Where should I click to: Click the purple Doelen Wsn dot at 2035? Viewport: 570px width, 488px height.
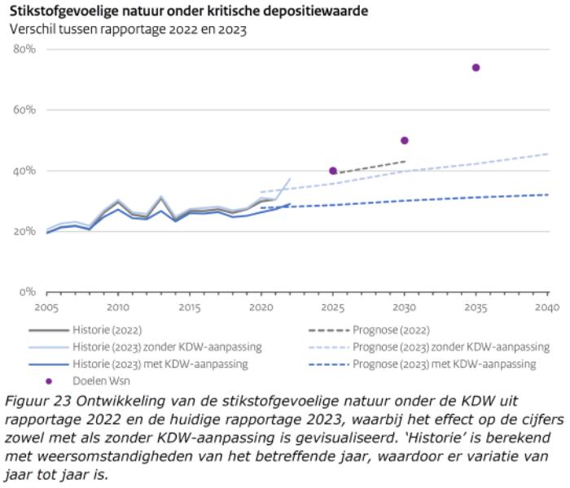coord(476,68)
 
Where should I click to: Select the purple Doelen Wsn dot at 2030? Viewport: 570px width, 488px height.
coord(404,140)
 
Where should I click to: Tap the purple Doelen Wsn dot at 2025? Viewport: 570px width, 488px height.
coord(333,171)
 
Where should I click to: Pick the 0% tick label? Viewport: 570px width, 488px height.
coord(28,291)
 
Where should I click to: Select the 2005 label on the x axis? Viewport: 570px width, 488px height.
coord(46,307)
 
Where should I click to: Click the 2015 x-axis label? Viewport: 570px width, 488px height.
coord(190,307)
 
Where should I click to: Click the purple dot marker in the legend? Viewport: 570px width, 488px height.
coord(49,381)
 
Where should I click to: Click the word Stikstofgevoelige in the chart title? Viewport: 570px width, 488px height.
coord(61,12)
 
